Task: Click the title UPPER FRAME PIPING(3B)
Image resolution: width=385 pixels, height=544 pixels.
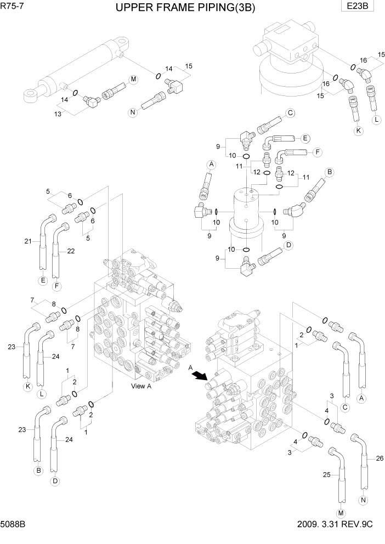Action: point(186,8)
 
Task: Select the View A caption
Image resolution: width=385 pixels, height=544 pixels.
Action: point(142,386)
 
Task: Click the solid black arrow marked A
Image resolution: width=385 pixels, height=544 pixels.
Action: point(200,376)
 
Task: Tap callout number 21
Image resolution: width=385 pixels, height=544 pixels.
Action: point(27,241)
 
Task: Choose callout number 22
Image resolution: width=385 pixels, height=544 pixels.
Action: point(71,251)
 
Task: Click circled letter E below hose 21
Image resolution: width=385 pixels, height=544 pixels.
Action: point(43,281)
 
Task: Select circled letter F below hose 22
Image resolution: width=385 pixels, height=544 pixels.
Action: point(56,286)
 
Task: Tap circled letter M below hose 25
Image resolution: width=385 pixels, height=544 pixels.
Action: point(341,513)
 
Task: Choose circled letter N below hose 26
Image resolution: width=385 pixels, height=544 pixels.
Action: point(363,500)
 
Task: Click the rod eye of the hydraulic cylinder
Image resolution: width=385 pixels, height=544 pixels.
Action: point(29,95)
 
